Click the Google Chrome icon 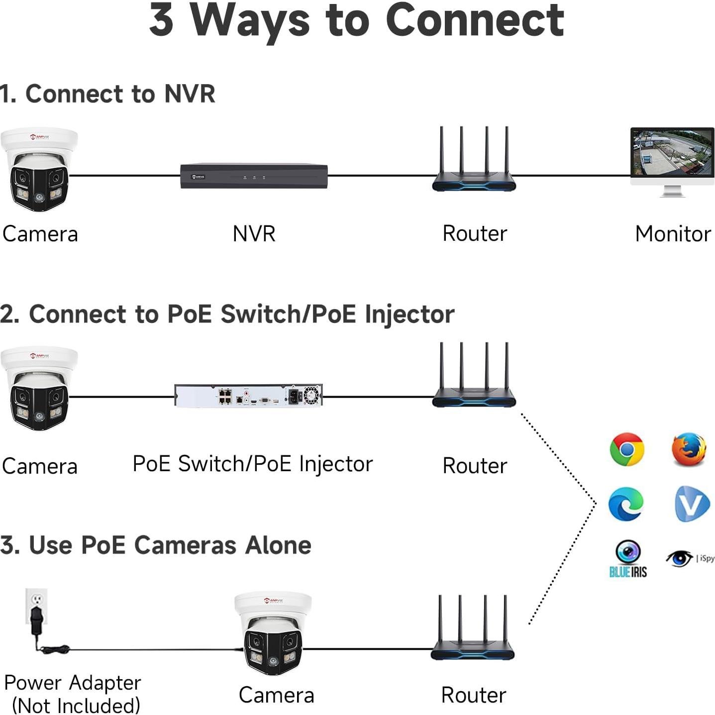(x=626, y=449)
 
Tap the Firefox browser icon (x=689, y=449)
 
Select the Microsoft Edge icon (x=626, y=504)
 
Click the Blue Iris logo (x=628, y=559)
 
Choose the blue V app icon (x=692, y=504)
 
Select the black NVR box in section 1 (x=254, y=176)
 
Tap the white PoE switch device (x=248, y=396)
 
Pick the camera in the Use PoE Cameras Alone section (x=273, y=632)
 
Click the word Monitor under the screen (x=673, y=234)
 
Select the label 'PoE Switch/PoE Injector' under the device (x=253, y=464)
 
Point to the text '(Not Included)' (x=76, y=706)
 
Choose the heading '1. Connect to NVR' (x=107, y=94)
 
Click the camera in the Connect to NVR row (x=39, y=170)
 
